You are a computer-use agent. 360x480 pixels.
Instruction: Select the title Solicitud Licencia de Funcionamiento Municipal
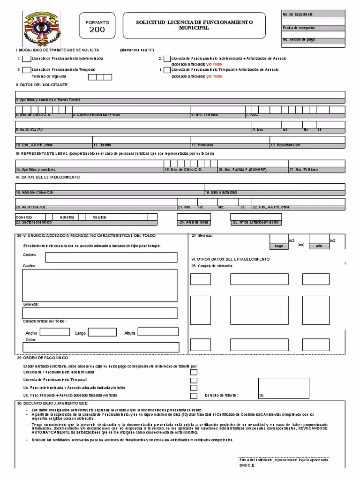click(194, 25)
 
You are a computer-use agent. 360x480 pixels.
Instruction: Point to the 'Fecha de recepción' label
click(299, 28)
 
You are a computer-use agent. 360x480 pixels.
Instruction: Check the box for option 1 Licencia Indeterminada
click(26, 59)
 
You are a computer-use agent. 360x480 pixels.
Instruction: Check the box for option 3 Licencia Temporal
click(26, 70)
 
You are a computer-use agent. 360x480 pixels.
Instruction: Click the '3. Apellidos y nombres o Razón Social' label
click(48, 100)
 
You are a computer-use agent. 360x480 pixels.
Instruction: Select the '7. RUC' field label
click(252, 114)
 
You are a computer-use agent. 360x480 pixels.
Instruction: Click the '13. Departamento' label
click(285, 145)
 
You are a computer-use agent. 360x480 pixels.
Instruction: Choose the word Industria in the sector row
click(67, 217)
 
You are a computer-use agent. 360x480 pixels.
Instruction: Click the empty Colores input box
click(111, 257)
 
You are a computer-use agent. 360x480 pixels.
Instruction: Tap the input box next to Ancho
click(54, 332)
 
